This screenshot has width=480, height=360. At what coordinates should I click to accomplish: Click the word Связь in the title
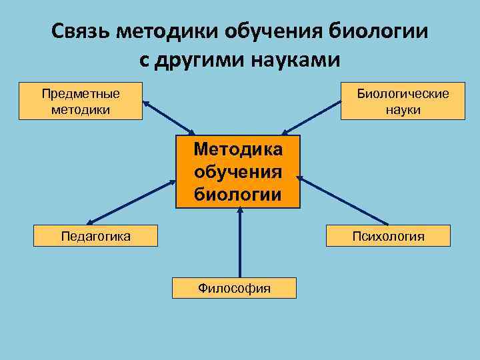(x=81, y=31)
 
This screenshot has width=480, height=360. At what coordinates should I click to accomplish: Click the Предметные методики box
(x=81, y=101)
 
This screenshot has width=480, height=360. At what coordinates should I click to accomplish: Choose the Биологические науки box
(x=403, y=101)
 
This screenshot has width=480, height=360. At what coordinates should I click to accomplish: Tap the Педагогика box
(x=96, y=236)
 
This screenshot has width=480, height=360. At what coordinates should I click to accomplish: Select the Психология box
(x=388, y=236)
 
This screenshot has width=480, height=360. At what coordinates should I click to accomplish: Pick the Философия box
(x=234, y=288)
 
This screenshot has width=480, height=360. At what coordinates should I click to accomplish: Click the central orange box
(x=238, y=172)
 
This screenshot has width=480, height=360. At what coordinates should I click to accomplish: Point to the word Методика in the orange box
(x=238, y=149)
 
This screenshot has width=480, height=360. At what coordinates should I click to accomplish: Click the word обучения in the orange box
(x=238, y=172)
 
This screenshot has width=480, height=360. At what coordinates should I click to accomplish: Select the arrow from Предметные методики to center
(x=169, y=117)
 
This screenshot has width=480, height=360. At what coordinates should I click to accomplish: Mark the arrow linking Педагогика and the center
(x=131, y=200)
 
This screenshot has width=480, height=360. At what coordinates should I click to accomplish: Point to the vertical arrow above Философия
(x=239, y=243)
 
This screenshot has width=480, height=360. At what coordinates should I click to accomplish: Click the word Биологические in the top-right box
(x=403, y=94)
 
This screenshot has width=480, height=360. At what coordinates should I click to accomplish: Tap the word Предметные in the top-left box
(x=81, y=94)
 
